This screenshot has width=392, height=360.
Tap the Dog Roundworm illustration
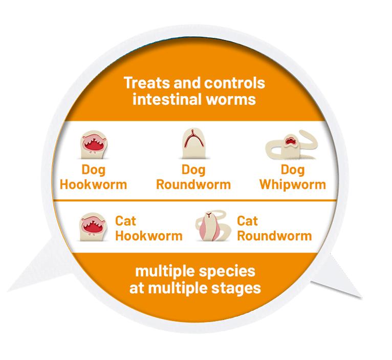(x=193, y=144)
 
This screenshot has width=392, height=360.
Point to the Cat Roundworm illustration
(x=212, y=227)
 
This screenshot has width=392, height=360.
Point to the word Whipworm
(x=293, y=184)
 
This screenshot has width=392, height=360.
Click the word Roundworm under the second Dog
(x=193, y=184)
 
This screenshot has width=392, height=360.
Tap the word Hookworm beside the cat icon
(x=148, y=236)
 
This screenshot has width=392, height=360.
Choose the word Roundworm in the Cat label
(x=274, y=236)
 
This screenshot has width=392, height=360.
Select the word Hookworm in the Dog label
(x=93, y=184)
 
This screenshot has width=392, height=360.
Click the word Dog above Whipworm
(x=292, y=170)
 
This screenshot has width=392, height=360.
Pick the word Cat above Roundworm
(x=248, y=221)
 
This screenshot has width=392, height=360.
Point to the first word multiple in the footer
(x=163, y=271)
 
